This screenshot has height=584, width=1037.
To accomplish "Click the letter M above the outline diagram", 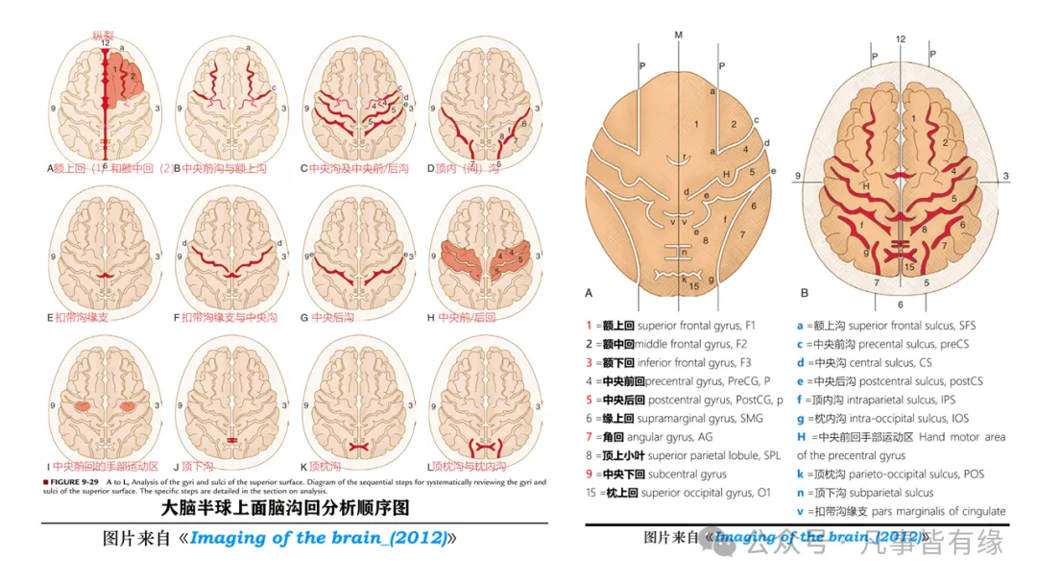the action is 678,35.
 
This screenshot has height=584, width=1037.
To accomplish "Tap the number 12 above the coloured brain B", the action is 900,38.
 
